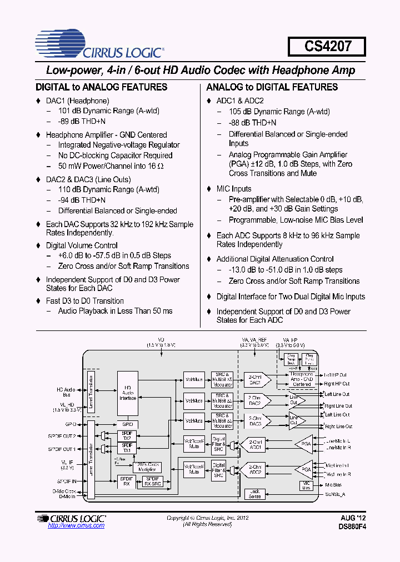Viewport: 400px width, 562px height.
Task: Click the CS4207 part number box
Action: pos(327,46)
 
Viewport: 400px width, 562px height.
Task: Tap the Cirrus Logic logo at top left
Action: pos(99,44)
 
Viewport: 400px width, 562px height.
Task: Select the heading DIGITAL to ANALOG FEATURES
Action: pos(101,87)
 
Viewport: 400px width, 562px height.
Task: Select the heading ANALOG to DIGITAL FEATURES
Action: pos(272,87)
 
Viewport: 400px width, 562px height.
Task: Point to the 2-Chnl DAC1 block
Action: pos(256,380)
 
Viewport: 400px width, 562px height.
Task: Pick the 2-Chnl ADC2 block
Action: pos(256,470)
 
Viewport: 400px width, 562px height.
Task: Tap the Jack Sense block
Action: pos(255,494)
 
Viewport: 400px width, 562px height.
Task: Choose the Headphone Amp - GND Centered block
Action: pos(302,379)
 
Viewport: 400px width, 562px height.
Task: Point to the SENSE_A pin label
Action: pos(334,494)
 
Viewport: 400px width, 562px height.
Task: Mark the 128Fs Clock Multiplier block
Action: pos(147,466)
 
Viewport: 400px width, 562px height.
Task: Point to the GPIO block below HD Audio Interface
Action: pos(127,424)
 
